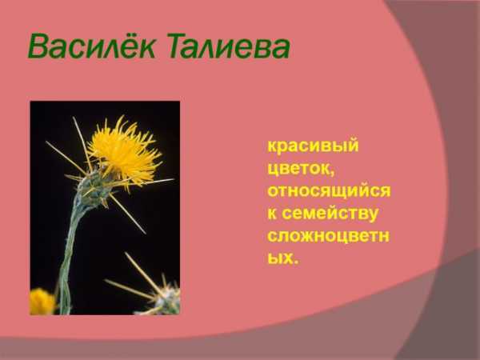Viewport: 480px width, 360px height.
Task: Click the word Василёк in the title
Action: point(91,46)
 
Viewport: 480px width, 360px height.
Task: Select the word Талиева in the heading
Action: point(228,46)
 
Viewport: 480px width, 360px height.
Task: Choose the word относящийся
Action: point(329,190)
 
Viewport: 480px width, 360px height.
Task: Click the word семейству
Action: point(330,214)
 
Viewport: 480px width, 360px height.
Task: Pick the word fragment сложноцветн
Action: point(328,236)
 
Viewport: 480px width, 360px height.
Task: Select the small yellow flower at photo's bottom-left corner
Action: point(42,302)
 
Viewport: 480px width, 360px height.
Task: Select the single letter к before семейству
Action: point(272,214)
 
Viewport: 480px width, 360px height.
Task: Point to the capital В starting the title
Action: point(39,46)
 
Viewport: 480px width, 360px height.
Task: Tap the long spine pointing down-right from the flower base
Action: point(128,214)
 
